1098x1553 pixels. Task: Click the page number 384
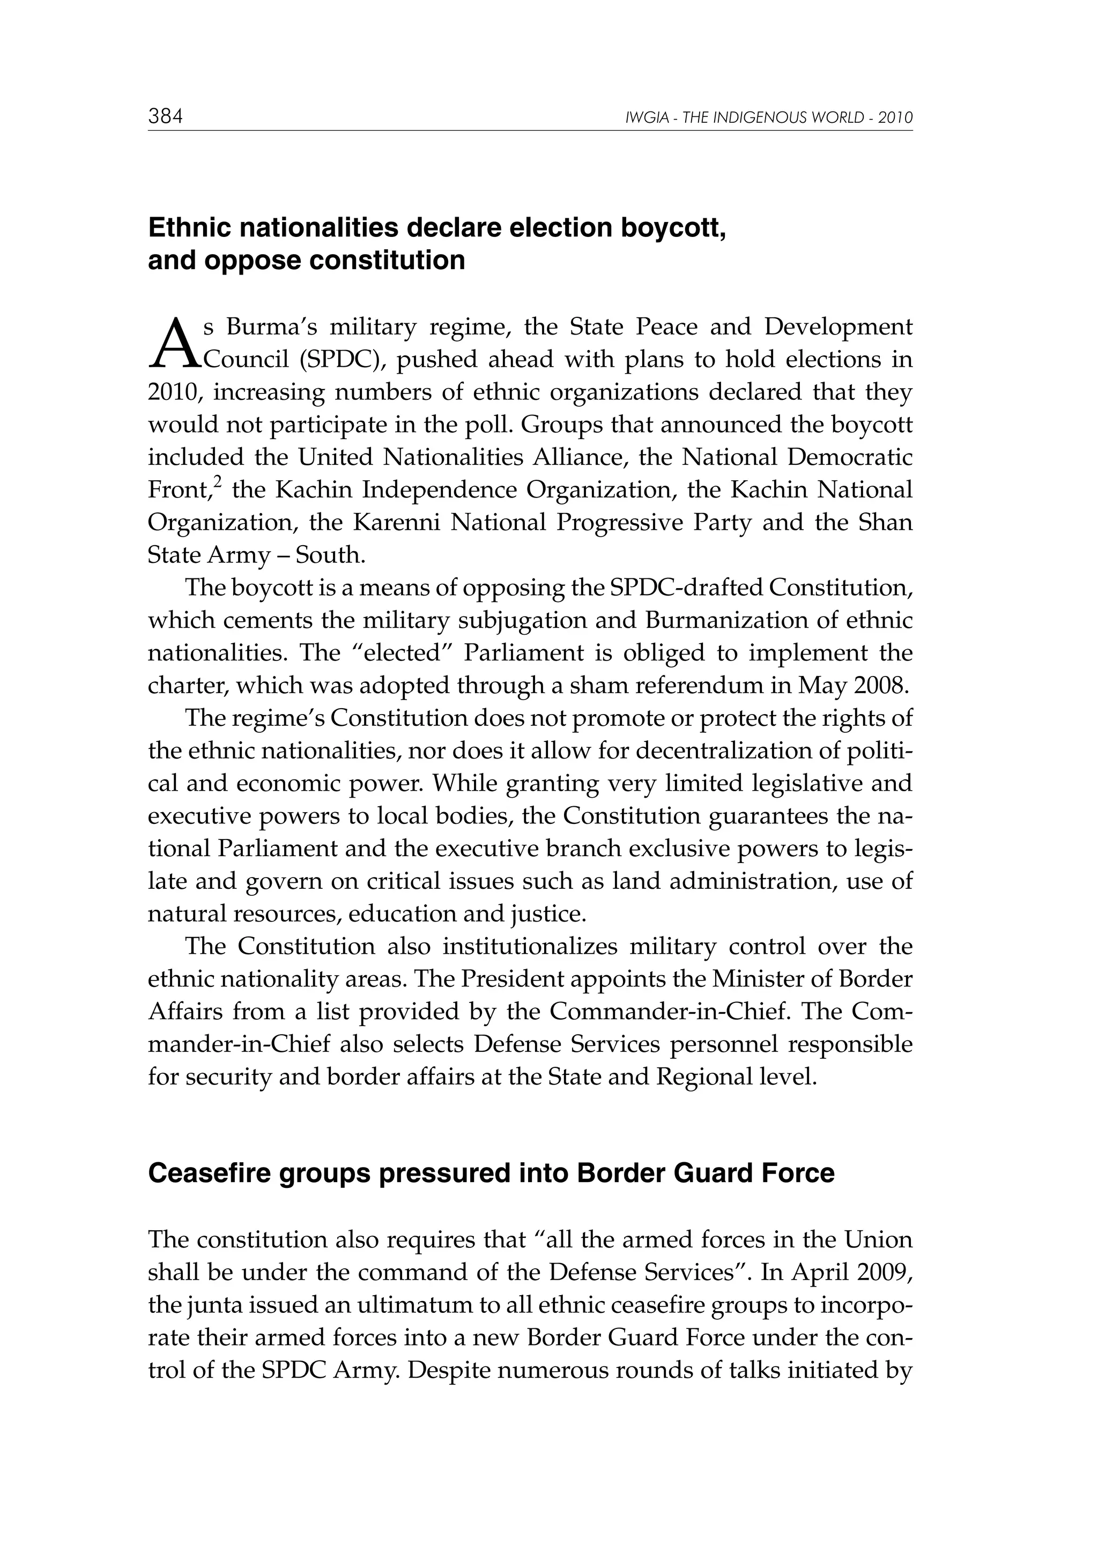click(166, 117)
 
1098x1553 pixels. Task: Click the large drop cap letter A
click(174, 344)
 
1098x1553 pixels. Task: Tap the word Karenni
click(396, 523)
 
